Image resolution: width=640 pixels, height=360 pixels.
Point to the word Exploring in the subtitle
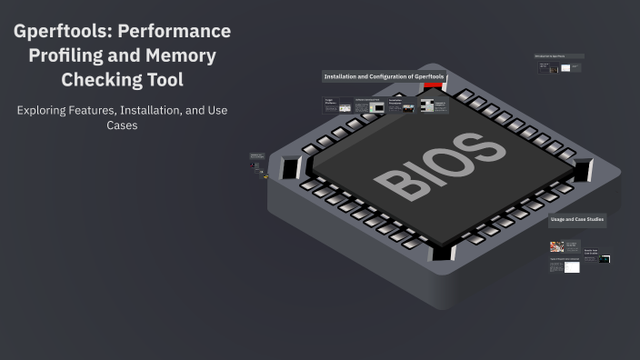point(48,110)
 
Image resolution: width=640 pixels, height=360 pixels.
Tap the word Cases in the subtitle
point(122,126)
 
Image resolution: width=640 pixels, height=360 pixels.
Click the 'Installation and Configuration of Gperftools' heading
point(384,76)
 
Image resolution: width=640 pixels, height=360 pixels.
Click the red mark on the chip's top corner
point(434,85)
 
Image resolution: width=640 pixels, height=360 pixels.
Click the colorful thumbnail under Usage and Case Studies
point(555,246)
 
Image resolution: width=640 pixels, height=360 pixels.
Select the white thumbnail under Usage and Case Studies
point(572,267)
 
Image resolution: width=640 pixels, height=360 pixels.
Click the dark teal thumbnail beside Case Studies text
point(604,259)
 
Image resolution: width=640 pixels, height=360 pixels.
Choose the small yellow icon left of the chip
point(265,176)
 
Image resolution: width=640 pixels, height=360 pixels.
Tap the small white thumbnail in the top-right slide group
point(565,68)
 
